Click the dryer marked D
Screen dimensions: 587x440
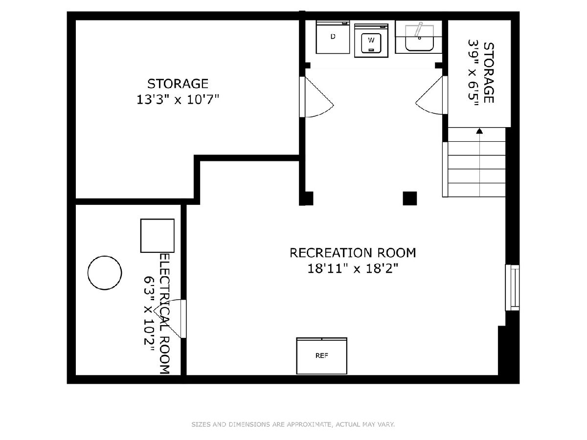point(333,37)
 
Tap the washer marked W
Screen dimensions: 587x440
point(371,41)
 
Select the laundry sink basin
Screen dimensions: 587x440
point(419,38)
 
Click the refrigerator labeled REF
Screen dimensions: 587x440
point(322,356)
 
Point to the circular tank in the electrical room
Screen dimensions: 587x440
point(105,273)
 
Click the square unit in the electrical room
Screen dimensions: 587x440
point(157,236)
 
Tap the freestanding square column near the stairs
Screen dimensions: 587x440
point(410,198)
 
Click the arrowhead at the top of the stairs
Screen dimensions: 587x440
point(479,131)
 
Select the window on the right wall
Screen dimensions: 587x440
point(512,288)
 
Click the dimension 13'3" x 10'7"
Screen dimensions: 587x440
point(178,100)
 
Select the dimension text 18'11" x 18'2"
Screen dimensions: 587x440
point(353,268)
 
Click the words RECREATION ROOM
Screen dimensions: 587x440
point(353,253)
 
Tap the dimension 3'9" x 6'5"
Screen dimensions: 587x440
point(473,73)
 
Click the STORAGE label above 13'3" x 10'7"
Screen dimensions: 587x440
point(178,84)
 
